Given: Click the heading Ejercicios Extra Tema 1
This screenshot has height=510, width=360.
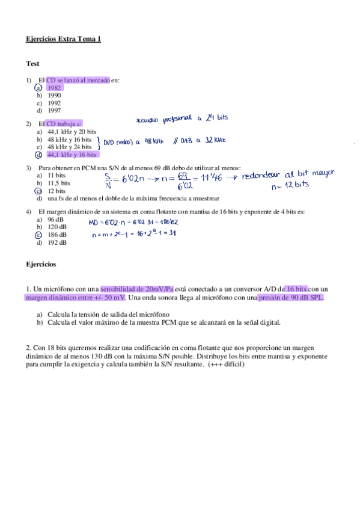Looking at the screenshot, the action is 64,39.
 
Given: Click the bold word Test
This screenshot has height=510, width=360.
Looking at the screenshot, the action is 32,63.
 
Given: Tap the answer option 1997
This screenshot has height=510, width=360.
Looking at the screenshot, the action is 54,111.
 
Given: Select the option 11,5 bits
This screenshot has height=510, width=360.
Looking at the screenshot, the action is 59,183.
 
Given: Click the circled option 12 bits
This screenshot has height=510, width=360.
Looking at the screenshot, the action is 56,191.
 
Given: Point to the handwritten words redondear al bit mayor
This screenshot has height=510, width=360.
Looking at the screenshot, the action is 288,174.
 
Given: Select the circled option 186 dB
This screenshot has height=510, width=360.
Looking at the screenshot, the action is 58,235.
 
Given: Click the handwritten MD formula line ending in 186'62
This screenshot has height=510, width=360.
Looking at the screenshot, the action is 133,222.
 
